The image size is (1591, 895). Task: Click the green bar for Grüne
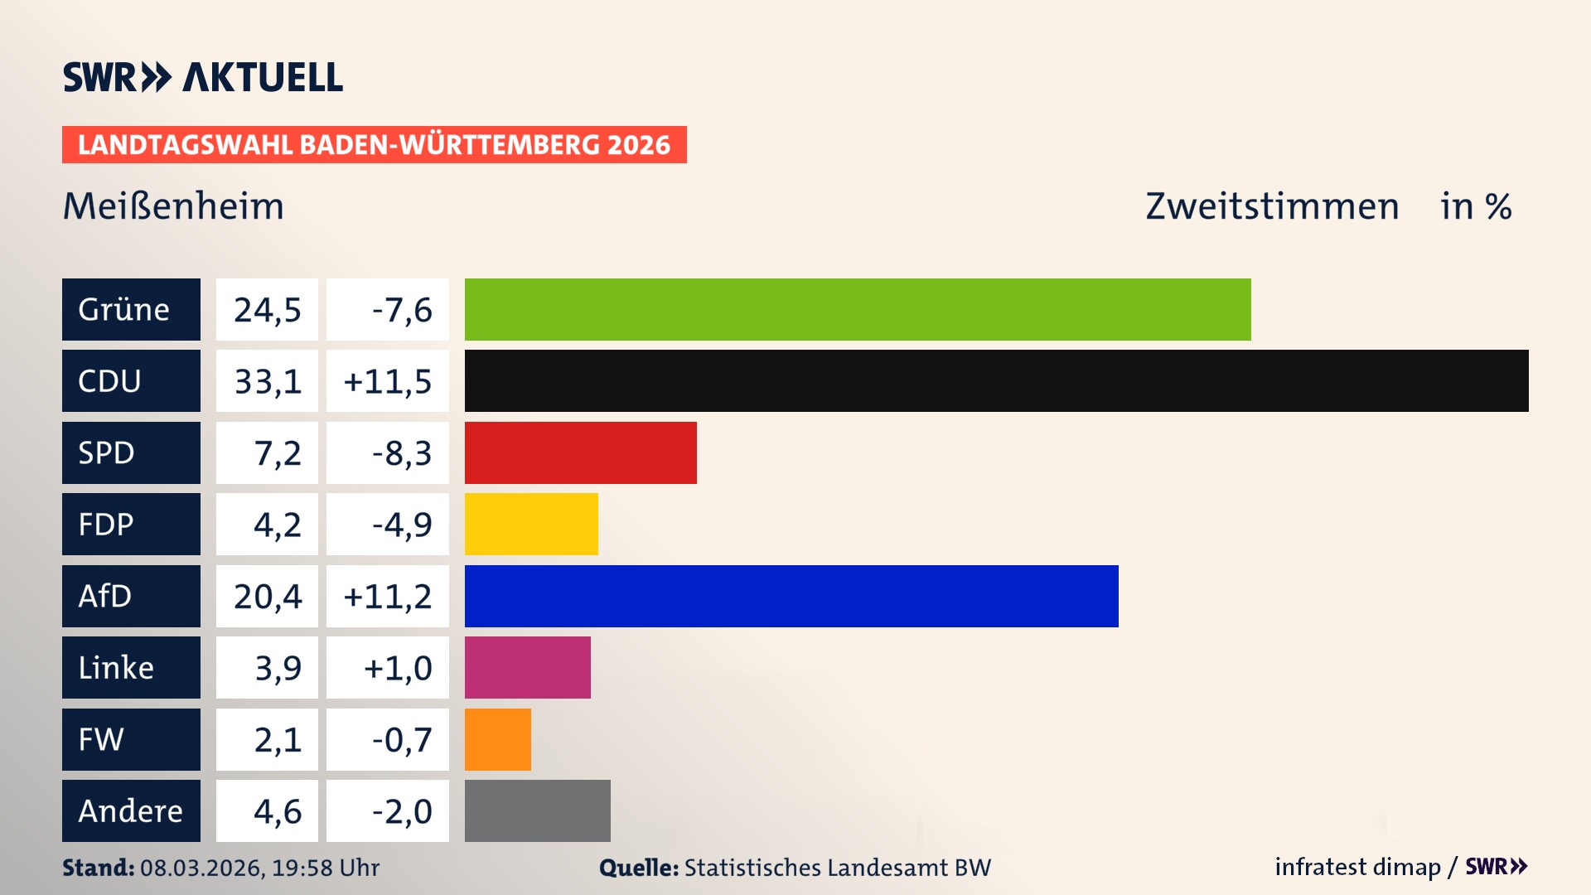click(x=858, y=309)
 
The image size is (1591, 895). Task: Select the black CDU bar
click(x=996, y=381)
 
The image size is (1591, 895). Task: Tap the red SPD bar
click(x=580, y=452)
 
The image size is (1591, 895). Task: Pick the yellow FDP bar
click(x=531, y=524)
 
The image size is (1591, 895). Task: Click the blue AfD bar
click(x=791, y=596)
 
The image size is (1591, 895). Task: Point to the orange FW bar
click(x=498, y=739)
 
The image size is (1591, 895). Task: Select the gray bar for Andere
click(x=537, y=810)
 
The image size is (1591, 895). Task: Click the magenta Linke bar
click(x=528, y=667)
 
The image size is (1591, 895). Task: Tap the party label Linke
click(x=116, y=667)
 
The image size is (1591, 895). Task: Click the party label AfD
click(x=105, y=596)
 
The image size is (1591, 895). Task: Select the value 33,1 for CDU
click(x=268, y=381)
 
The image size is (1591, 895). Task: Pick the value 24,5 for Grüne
click(x=268, y=309)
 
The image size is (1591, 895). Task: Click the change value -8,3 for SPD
click(x=402, y=452)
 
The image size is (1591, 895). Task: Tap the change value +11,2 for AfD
click(x=388, y=596)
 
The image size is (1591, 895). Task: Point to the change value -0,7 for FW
click(x=402, y=739)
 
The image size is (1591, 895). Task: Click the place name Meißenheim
click(x=173, y=206)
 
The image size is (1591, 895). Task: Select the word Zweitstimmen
click(x=1272, y=206)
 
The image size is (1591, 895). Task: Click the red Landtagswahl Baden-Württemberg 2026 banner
click(x=374, y=144)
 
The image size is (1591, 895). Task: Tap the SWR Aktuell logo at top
click(x=203, y=77)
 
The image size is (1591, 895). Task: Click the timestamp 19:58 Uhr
click(x=326, y=868)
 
